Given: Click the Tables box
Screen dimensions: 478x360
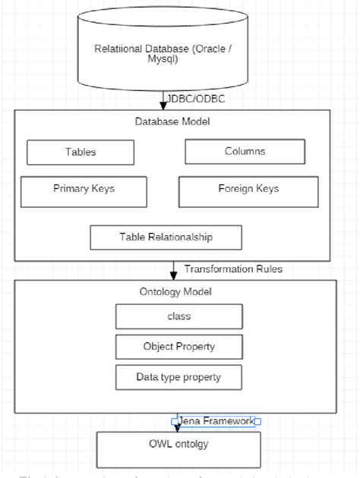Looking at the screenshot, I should tap(81, 152).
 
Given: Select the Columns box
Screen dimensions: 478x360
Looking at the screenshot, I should tap(245, 151).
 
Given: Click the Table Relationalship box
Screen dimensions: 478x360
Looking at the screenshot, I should tap(166, 237).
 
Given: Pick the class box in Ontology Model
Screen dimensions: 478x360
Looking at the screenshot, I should tap(179, 316).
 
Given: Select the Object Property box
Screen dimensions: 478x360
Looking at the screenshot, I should tap(179, 346).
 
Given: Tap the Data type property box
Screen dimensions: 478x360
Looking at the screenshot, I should tap(179, 376).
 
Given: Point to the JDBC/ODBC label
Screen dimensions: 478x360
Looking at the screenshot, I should tap(196, 99).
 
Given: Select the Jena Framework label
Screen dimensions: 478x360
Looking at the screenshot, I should tap(216, 420).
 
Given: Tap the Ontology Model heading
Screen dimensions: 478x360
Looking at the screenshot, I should tap(176, 291).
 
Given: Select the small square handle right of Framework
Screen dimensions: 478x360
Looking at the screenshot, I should tap(258, 420).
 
